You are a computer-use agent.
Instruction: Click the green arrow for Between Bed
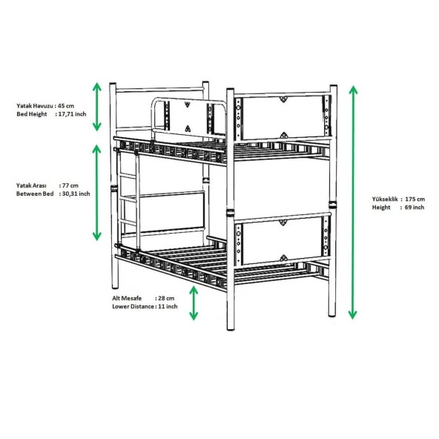[97, 192]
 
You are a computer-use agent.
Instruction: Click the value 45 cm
[67, 106]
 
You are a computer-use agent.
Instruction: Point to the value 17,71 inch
[71, 114]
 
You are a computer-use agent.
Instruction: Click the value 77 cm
[69, 185]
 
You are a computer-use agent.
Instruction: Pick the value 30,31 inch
[74, 194]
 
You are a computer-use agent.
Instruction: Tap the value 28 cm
[168, 297]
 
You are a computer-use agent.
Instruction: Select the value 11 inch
[168, 306]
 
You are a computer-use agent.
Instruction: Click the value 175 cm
[415, 199]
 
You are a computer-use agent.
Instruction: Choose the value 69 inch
[415, 208]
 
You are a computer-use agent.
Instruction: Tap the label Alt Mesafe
[127, 297]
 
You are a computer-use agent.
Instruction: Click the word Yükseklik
[386, 199]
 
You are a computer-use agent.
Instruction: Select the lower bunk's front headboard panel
[281, 240]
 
